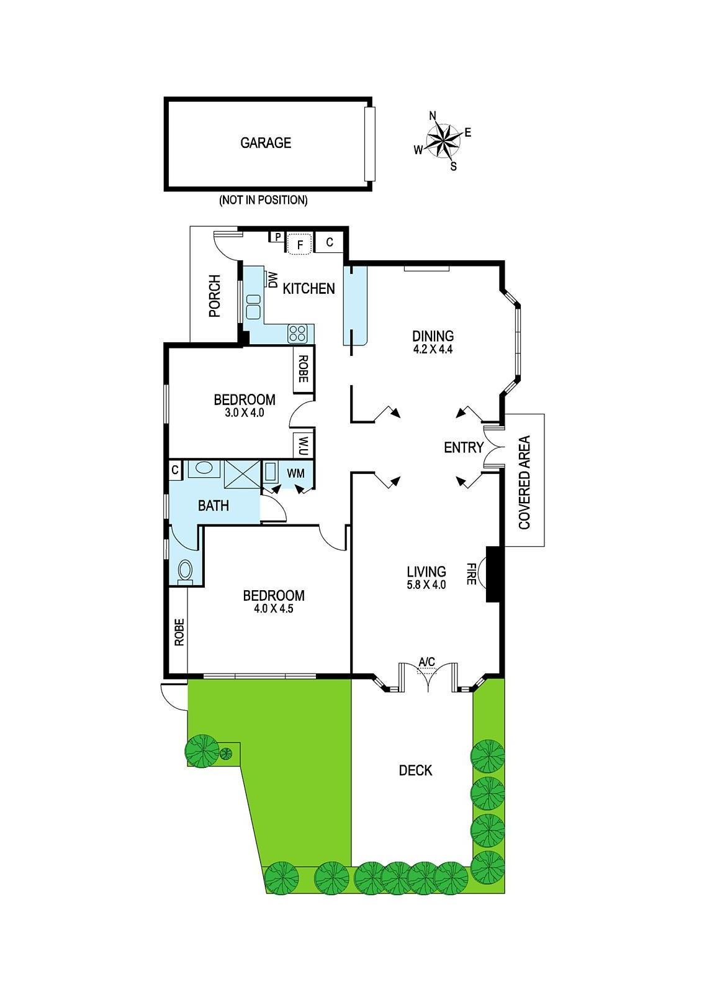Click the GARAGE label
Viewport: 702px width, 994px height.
[266, 143]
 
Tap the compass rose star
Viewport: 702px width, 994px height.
[443, 141]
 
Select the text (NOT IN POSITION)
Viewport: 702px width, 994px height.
[263, 200]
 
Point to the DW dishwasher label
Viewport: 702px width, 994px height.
[272, 280]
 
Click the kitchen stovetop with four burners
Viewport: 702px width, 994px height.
[297, 334]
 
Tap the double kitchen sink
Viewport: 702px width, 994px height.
[253, 306]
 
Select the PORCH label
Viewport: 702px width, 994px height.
[215, 296]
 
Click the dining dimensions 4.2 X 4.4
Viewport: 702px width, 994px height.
[433, 349]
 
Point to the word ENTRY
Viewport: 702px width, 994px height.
[464, 447]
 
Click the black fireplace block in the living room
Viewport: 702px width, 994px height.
[493, 574]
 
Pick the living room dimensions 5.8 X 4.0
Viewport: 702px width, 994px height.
[426, 585]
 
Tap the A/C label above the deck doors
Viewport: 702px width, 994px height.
[427, 662]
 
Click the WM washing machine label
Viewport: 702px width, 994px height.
[296, 473]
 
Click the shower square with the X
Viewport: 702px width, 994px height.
[241, 474]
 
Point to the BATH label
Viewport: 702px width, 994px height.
[214, 506]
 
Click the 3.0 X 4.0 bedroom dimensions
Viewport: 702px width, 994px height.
[245, 413]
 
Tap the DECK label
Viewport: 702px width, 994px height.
[415, 770]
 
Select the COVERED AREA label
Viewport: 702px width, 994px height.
[524, 482]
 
